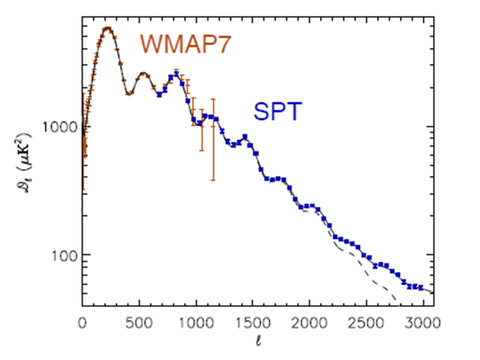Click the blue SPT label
[277, 111]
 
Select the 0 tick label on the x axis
[82, 322]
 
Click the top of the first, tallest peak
[107, 28]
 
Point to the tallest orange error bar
[213, 139]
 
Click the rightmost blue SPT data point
[421, 287]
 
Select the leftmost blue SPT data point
[159, 94]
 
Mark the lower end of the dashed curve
[396, 302]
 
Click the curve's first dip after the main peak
[129, 93]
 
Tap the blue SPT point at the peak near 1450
[245, 136]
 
